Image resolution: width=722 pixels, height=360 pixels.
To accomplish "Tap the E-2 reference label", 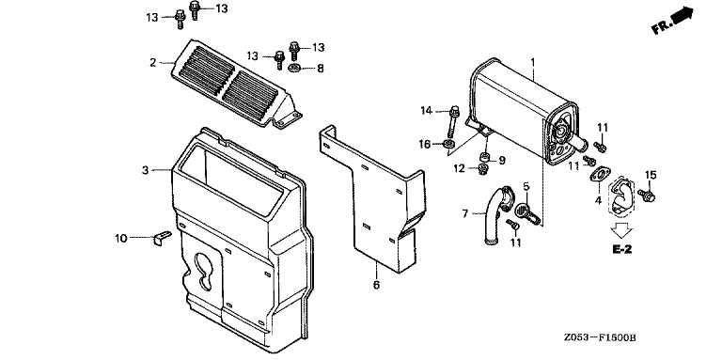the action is coord(621,249).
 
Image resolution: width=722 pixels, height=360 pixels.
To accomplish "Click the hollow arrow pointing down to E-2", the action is coord(621,229).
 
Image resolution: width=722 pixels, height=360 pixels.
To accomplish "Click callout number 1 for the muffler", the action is coord(533,61).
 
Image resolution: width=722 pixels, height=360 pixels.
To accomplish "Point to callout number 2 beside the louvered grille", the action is coord(153,62).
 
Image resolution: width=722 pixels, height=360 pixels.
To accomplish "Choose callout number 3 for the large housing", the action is coord(146,170).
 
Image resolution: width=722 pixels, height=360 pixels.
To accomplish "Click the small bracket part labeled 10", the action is coord(161,239).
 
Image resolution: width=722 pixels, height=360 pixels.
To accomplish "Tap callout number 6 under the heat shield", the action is coord(376,285).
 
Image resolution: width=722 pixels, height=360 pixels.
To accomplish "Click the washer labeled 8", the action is coord(294,68).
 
